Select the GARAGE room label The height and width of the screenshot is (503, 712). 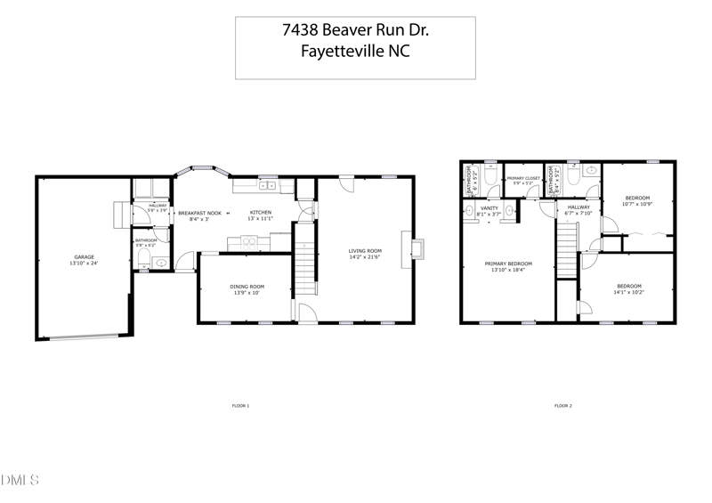tap(84, 257)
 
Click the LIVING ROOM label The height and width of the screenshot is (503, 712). tap(365, 251)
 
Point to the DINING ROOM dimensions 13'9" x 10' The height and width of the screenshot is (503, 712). tap(246, 293)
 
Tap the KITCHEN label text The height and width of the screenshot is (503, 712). tap(260, 212)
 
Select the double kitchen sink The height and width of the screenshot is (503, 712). tap(265, 186)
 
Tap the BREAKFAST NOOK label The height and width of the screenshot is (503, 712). tap(199, 213)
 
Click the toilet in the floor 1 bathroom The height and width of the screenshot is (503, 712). tap(144, 260)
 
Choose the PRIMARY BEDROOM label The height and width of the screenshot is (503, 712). tap(508, 264)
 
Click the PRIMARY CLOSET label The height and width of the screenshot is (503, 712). tap(523, 179)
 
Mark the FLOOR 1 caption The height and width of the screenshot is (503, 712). tap(240, 405)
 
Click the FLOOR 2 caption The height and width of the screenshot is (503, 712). tap(562, 405)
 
